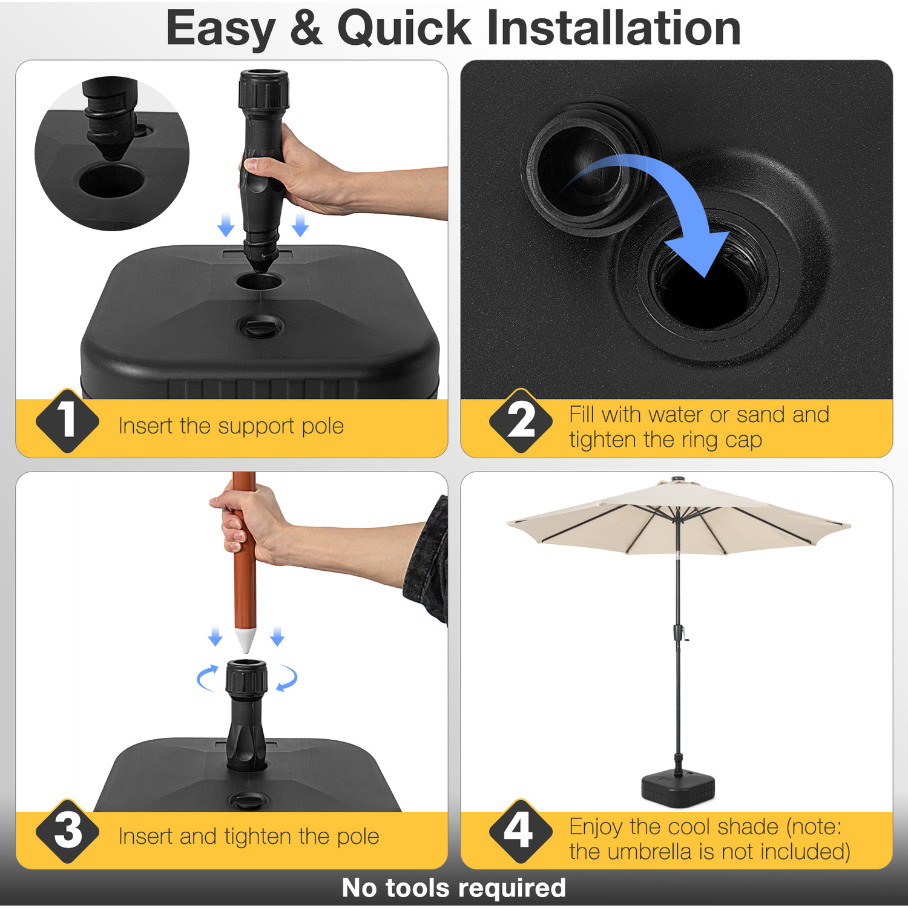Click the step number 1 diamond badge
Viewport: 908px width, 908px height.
coord(67,421)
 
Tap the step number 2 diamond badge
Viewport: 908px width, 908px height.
coord(521,421)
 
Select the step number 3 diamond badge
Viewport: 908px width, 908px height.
coord(67,831)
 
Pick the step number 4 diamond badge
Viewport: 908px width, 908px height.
coord(521,831)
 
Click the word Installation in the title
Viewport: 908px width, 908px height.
coord(614,28)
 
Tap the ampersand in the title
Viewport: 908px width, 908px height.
coord(306,28)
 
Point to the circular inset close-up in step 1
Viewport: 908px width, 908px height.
coord(112,153)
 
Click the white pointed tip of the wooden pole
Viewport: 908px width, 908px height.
coord(245,640)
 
